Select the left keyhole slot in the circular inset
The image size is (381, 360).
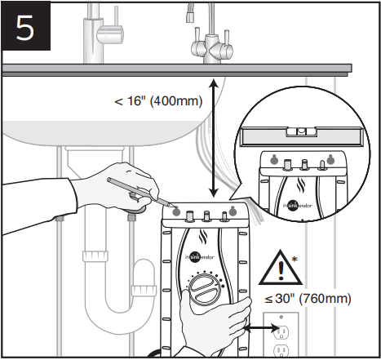pos(274,160)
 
